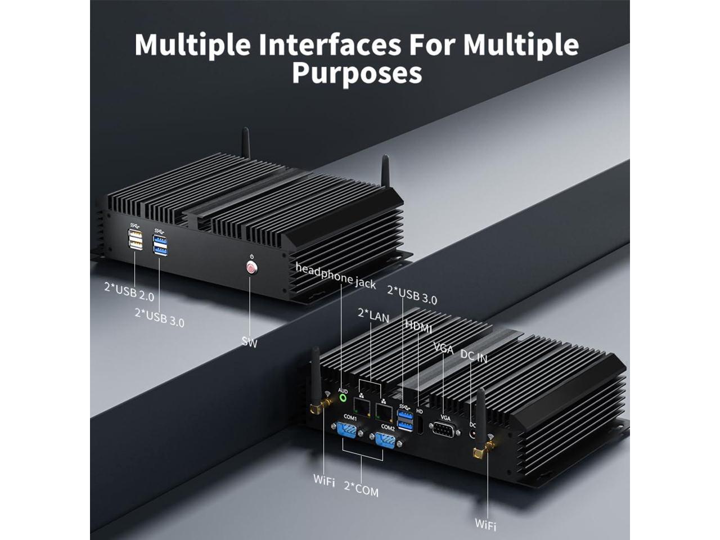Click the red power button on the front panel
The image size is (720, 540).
tap(251, 268)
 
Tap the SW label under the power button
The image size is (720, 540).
tap(249, 341)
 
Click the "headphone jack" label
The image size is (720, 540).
tap(336, 276)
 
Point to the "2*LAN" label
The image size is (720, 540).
tap(373, 316)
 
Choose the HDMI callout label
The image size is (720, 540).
tap(419, 326)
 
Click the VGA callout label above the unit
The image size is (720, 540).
tap(443, 349)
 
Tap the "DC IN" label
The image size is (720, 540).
tap(474, 355)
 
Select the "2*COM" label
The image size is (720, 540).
tap(361, 490)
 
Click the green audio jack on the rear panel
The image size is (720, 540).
tap(343, 398)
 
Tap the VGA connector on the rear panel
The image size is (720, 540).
tap(444, 430)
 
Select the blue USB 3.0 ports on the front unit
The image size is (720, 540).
tap(160, 245)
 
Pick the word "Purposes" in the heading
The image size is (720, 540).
tap(357, 73)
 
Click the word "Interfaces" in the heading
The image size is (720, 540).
tap(330, 44)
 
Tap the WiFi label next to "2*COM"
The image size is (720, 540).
tap(324, 481)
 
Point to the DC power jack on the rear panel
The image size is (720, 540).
tap(472, 434)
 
